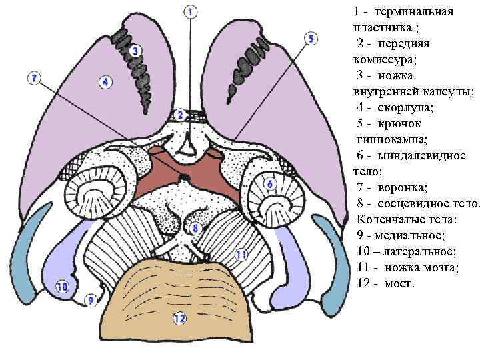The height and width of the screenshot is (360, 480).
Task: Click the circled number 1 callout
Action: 190,11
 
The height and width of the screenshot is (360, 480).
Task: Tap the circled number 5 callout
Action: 311,39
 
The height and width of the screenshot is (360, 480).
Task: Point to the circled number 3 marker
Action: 135,51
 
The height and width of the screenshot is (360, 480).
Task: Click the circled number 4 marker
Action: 105,82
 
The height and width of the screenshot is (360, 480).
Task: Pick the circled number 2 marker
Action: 179,115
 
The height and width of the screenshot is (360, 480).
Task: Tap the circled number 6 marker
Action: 270,183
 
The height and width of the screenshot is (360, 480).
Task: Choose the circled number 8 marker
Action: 195,229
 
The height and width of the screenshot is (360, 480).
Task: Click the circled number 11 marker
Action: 241,255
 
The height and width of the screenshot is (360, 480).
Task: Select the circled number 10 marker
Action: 62,287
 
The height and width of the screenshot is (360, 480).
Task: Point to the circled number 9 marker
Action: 91,301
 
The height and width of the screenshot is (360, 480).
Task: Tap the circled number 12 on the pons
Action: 179,318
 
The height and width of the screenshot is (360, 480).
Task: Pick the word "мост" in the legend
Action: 399,283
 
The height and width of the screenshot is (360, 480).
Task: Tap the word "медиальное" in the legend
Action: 411,235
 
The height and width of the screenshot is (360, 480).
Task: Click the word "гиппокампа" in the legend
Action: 388,139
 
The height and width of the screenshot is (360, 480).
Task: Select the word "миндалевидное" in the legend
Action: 422,155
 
